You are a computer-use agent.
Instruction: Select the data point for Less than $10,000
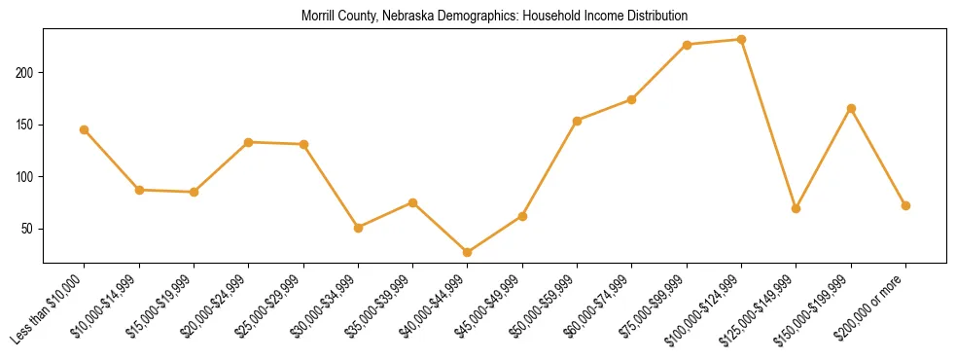(85, 129)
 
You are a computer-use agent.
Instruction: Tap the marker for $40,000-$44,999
(468, 252)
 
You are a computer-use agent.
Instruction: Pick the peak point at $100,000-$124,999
(741, 40)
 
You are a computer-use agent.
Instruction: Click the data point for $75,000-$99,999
(687, 45)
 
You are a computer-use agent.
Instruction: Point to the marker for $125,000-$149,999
(797, 208)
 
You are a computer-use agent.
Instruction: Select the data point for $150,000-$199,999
(851, 108)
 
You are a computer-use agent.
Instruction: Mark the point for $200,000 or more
(905, 205)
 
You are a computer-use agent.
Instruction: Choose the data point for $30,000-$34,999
(359, 228)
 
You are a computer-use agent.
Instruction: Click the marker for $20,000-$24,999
(249, 142)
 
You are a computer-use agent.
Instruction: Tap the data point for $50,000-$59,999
(578, 121)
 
